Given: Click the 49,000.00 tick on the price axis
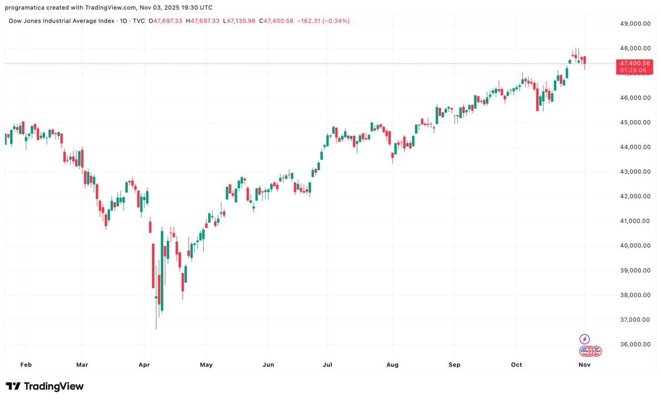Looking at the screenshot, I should coord(635,23).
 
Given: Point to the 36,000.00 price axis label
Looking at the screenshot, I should coord(635,344).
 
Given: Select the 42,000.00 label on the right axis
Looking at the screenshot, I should coord(635,196).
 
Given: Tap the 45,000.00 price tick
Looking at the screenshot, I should coord(635,123).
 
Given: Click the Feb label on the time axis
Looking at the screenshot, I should coord(26,365).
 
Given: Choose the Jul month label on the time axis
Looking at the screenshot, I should coord(327,365).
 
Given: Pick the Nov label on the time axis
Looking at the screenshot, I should coord(584,365).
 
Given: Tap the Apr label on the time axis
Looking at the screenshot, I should coord(144,365).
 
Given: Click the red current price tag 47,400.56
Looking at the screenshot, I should coord(634,63).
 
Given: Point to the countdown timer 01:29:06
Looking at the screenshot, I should coord(634,71).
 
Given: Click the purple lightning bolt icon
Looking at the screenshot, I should coord(584,339).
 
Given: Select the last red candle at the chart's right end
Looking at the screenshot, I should coord(585,61).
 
